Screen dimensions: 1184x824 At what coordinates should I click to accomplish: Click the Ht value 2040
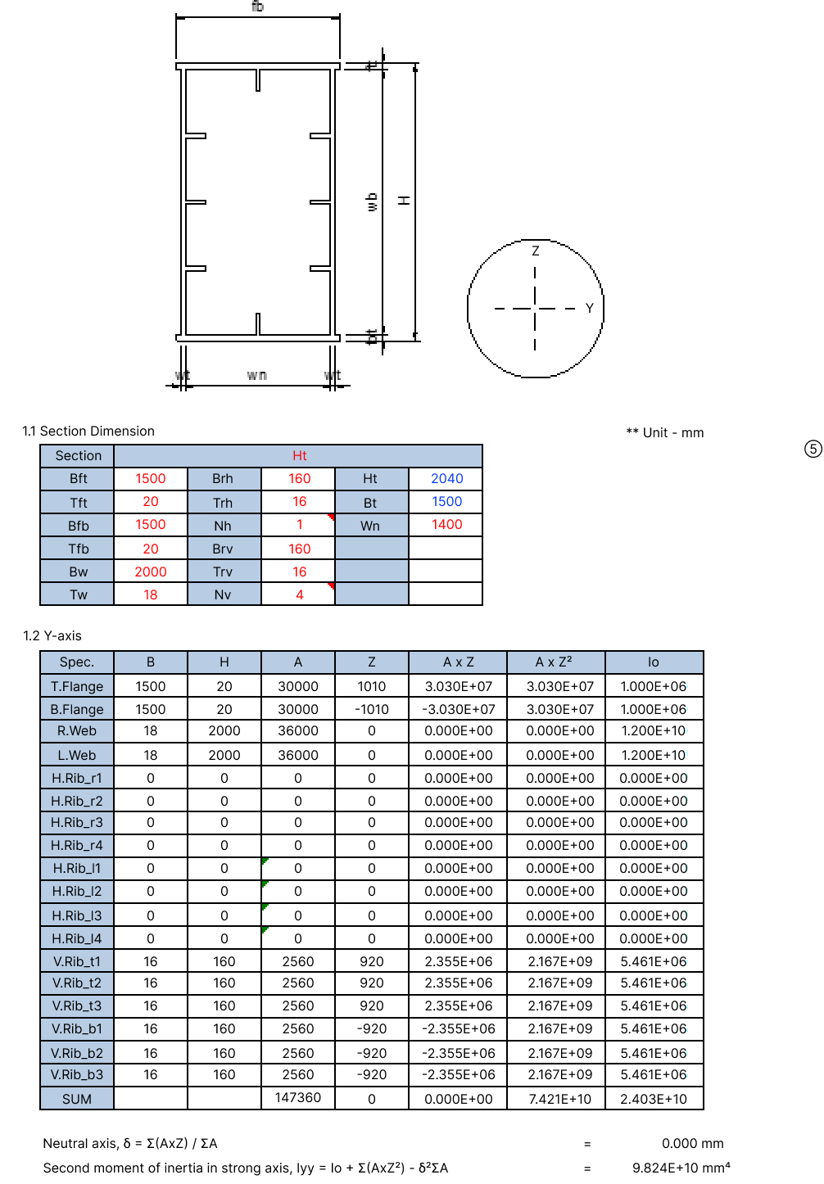coord(446,478)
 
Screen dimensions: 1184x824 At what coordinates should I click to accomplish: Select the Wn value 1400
coord(446,524)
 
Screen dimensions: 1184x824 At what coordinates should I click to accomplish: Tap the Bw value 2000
coord(151,572)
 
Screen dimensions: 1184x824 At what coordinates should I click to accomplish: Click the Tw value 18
coord(151,594)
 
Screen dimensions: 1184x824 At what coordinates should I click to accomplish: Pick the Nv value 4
coord(299,594)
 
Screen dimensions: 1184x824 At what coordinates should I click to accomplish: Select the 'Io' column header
coord(653,662)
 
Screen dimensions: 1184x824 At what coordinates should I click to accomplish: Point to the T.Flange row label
coord(77,686)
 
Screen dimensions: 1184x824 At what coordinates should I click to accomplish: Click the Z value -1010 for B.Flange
coord(371,709)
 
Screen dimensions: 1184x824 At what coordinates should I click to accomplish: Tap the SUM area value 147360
coord(297,1097)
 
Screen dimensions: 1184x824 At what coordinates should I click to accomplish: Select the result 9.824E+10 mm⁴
coord(681,1168)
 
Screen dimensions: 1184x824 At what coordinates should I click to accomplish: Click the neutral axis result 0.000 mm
coord(692,1143)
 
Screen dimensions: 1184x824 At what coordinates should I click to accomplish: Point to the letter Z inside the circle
coord(536,251)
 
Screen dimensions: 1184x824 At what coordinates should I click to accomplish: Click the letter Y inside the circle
coord(589,309)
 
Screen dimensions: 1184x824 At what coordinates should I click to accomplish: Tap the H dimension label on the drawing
coord(404,200)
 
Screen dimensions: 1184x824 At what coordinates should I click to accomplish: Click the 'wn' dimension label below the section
coord(256,375)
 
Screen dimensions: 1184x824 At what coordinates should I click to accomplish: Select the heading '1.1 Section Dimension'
coord(88,431)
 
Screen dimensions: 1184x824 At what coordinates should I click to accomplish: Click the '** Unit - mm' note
coord(664,432)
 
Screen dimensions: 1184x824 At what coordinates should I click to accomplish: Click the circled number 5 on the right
coord(813,449)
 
